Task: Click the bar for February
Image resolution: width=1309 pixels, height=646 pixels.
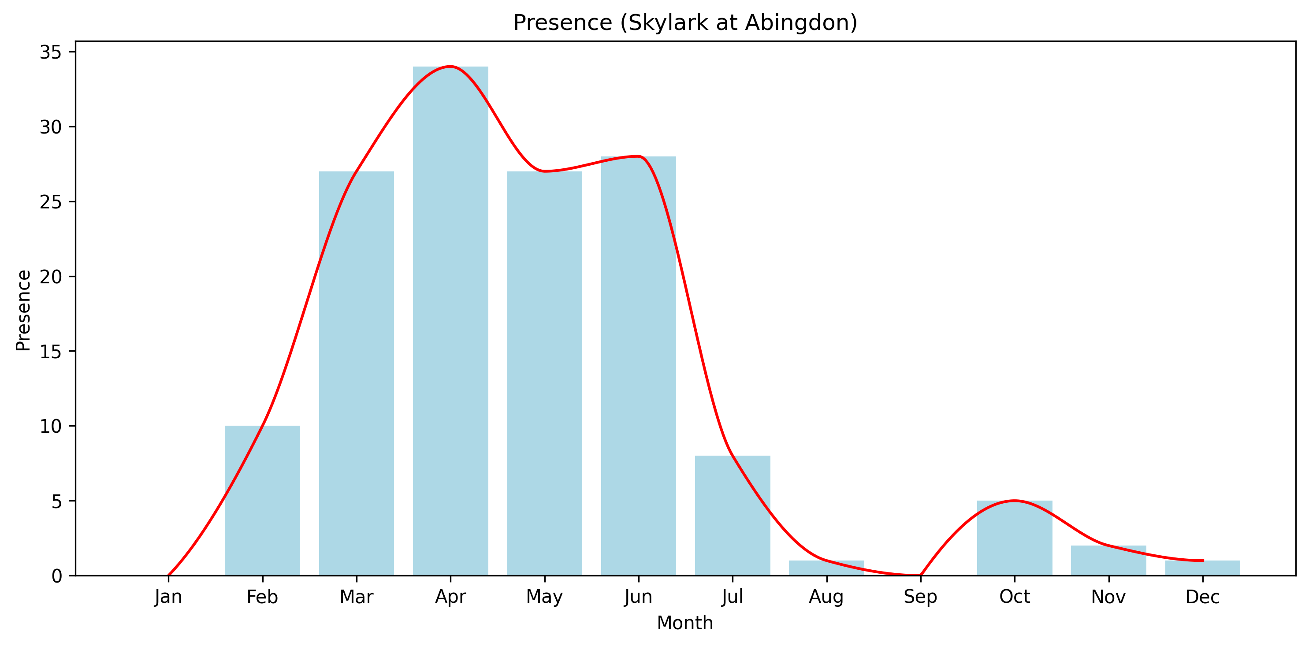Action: (262, 501)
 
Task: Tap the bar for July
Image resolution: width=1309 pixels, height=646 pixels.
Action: (732, 516)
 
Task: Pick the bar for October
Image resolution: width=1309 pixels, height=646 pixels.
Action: (1014, 538)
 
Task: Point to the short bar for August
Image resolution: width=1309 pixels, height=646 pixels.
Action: (826, 568)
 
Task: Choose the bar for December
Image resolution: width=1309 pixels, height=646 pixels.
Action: (1202, 568)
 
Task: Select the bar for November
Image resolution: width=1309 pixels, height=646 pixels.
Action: (1108, 561)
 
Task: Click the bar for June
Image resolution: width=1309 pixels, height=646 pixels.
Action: (638, 366)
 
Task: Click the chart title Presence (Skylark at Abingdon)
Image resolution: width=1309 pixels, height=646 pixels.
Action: (685, 23)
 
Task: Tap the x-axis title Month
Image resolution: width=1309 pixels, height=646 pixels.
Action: (684, 623)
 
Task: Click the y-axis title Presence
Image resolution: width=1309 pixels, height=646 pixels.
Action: (23, 310)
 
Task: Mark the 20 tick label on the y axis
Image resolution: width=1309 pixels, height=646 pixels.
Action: (50, 277)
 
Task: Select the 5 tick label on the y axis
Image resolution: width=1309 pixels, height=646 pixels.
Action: (56, 502)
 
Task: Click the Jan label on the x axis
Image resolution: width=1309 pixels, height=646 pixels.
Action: (168, 597)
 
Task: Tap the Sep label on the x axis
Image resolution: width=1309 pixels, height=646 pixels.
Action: (920, 597)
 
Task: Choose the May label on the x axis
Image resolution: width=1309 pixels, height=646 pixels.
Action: (544, 597)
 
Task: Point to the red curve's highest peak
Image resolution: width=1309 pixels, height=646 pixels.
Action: (450, 67)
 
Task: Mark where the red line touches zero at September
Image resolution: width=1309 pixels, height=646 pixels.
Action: (920, 575)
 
